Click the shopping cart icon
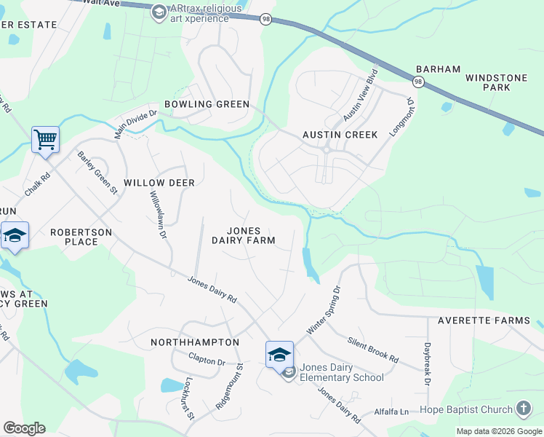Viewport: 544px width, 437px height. tap(45, 138)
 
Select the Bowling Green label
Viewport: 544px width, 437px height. tap(207, 104)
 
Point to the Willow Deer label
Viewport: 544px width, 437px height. tap(159, 182)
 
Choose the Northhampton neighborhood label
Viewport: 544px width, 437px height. tap(195, 342)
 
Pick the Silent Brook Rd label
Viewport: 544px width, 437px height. tap(373, 350)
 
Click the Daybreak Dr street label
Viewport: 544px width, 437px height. tap(428, 365)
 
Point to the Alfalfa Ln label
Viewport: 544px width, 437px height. tap(392, 412)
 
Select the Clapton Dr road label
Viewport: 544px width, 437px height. tap(207, 361)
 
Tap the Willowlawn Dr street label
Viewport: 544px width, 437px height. tap(159, 216)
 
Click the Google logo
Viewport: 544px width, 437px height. tap(24, 428)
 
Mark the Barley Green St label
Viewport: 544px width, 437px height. tap(97, 173)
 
